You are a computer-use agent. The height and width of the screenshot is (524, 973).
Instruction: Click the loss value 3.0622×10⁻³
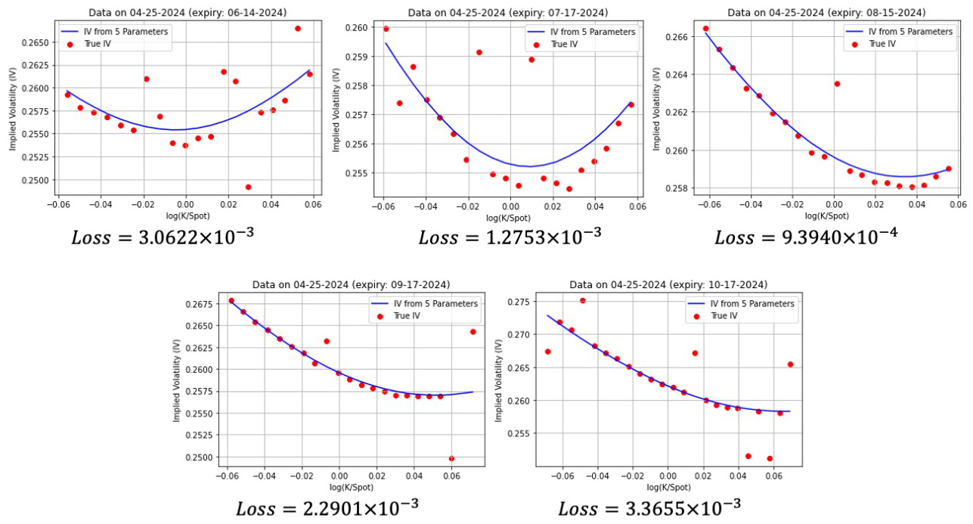(x=163, y=236)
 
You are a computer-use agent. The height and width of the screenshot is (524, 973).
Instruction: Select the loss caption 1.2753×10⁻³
(x=510, y=236)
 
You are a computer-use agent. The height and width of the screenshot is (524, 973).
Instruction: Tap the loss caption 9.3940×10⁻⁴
(x=806, y=236)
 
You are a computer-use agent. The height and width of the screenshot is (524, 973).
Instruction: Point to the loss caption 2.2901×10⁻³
(x=327, y=507)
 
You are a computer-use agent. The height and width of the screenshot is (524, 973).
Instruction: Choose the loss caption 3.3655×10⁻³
(x=649, y=507)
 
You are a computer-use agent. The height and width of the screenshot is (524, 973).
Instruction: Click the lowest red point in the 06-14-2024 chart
(x=248, y=187)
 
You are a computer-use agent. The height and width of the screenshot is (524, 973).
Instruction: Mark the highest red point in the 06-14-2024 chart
(x=297, y=29)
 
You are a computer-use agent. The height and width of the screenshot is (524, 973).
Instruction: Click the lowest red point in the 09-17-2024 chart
(x=451, y=458)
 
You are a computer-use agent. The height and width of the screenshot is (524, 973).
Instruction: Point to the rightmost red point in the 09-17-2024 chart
(x=473, y=331)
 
